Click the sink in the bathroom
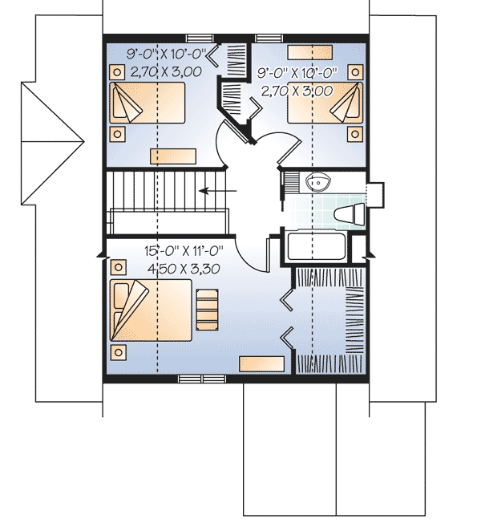(x=319, y=183)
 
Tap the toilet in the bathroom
(x=346, y=215)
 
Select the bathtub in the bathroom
(x=315, y=248)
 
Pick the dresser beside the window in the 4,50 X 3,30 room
(x=262, y=363)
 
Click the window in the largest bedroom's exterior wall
(x=191, y=377)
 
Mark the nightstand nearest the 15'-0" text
(x=119, y=266)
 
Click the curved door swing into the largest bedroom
(x=250, y=257)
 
